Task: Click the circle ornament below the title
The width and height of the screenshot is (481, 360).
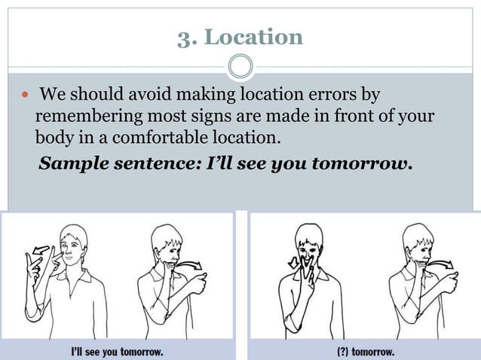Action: point(240,67)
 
